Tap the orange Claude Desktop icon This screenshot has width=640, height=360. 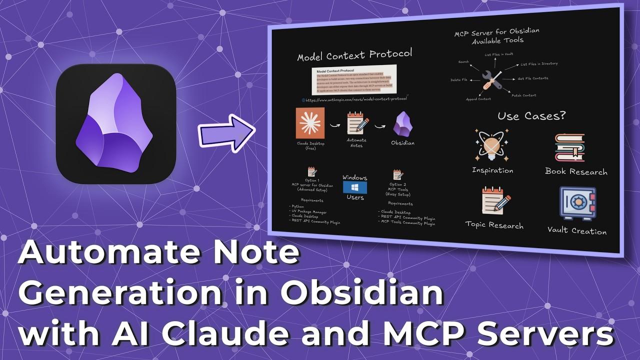[310, 123]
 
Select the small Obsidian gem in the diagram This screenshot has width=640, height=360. [402, 124]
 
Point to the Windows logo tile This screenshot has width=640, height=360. [354, 187]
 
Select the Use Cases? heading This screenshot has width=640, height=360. [531, 116]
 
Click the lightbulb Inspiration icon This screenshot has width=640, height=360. [492, 145]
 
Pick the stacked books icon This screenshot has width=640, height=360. [569, 147]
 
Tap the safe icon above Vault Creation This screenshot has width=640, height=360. [577, 203]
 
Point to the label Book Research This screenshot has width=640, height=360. [576, 171]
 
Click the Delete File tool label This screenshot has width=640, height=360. [458, 80]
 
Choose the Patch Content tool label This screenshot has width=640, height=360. [523, 95]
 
